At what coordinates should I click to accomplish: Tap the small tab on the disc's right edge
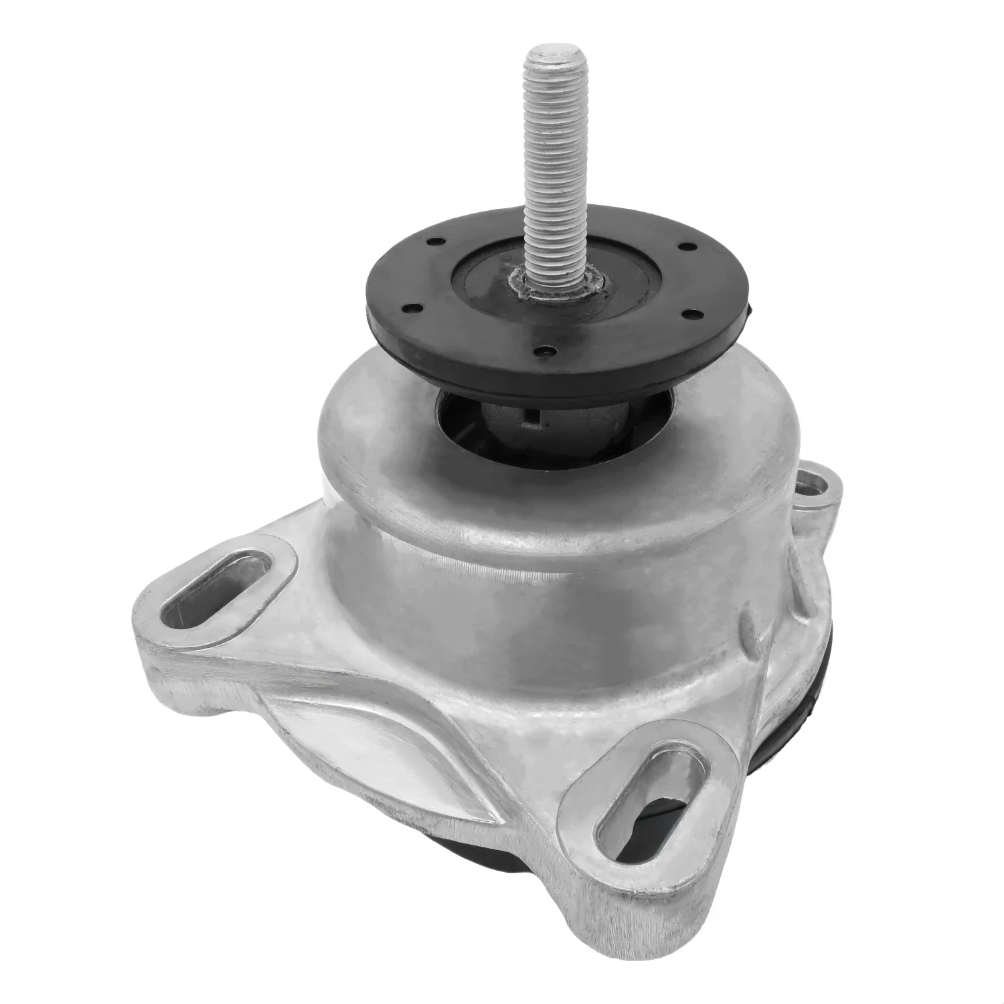point(750,308)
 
